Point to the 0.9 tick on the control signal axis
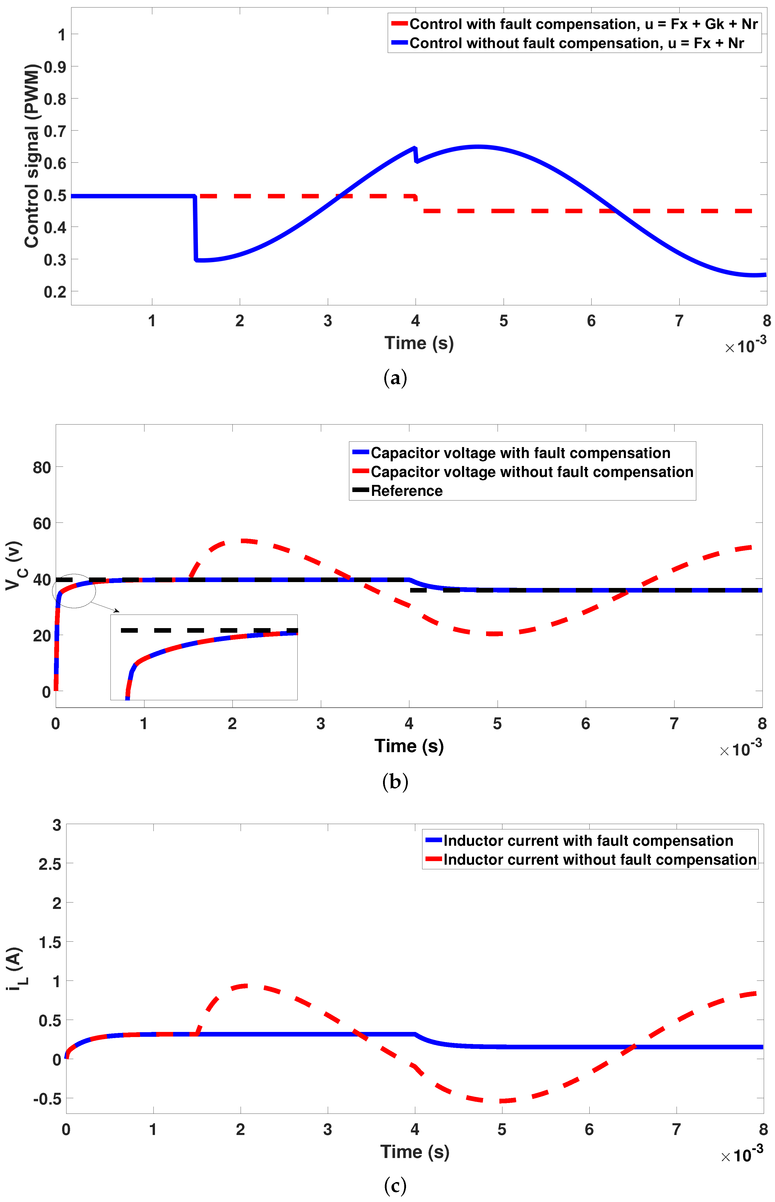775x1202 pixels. tap(55, 67)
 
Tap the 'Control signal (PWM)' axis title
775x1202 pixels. tap(31, 156)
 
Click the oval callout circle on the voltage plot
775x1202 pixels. tap(74, 591)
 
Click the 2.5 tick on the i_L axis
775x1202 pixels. tap(50, 864)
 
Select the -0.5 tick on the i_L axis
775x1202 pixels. tap(47, 1099)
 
